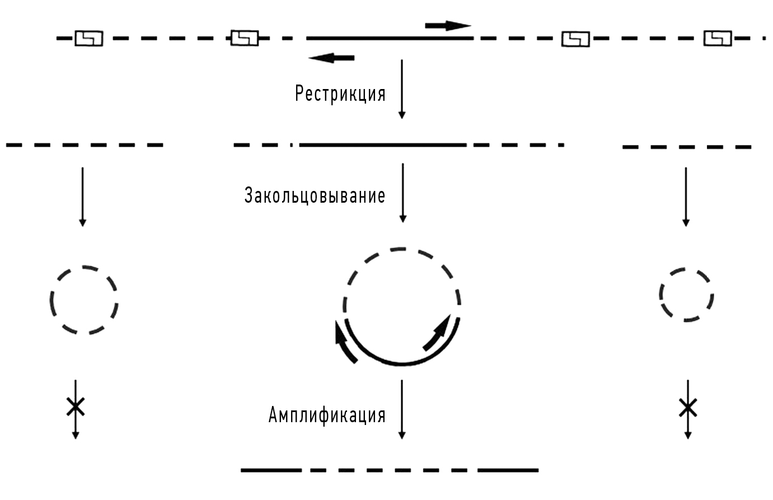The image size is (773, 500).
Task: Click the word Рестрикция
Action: pos(340,94)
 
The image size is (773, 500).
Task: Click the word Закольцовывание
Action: pos(315,195)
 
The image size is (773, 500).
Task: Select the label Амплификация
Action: pos(327,414)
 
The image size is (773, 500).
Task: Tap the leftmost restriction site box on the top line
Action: pos(89,38)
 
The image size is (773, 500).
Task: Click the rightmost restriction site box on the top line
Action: pos(718,38)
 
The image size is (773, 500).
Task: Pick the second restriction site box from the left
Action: pos(245,38)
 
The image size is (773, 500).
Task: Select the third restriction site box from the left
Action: pos(575,39)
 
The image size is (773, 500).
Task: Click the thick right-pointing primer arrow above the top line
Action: pos(448,26)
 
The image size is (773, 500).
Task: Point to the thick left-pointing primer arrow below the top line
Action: pos(331,58)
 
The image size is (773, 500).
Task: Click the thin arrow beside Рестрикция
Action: pos(402,89)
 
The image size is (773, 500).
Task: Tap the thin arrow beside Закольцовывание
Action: pos(402,193)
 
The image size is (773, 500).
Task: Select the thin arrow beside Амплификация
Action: pos(402,409)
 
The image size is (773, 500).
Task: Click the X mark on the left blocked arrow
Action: pos(76,406)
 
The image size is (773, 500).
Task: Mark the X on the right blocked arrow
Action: pos(688,408)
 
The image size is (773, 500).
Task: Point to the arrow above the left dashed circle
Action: pos(82,197)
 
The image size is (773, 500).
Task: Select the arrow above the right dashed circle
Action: pos(686,197)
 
